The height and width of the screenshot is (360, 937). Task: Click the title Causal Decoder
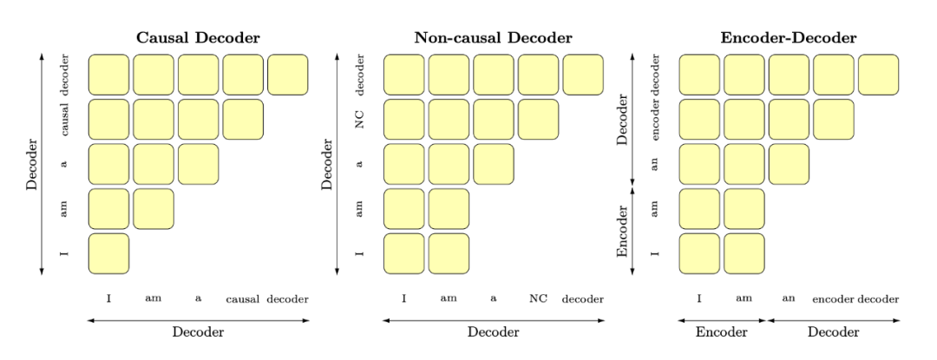198,38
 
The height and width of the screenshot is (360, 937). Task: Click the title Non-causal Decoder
493,38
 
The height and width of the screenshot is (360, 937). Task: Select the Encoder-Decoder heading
788,38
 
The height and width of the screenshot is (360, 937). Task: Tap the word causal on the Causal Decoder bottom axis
244,300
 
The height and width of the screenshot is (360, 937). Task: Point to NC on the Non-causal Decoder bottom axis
539,300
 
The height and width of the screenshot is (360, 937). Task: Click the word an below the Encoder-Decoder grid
789,300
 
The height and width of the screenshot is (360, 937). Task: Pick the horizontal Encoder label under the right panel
721,332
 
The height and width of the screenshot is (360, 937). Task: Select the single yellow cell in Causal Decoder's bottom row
108,253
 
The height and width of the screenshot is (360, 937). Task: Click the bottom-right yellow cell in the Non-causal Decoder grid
449,253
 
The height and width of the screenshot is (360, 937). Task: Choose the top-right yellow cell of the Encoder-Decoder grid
878,75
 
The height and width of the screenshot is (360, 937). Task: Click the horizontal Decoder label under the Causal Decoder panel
198,332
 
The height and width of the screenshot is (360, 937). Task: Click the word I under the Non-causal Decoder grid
404,300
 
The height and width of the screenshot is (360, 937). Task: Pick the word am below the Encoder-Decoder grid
744,300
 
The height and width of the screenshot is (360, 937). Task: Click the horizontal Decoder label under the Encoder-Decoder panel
833,332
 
